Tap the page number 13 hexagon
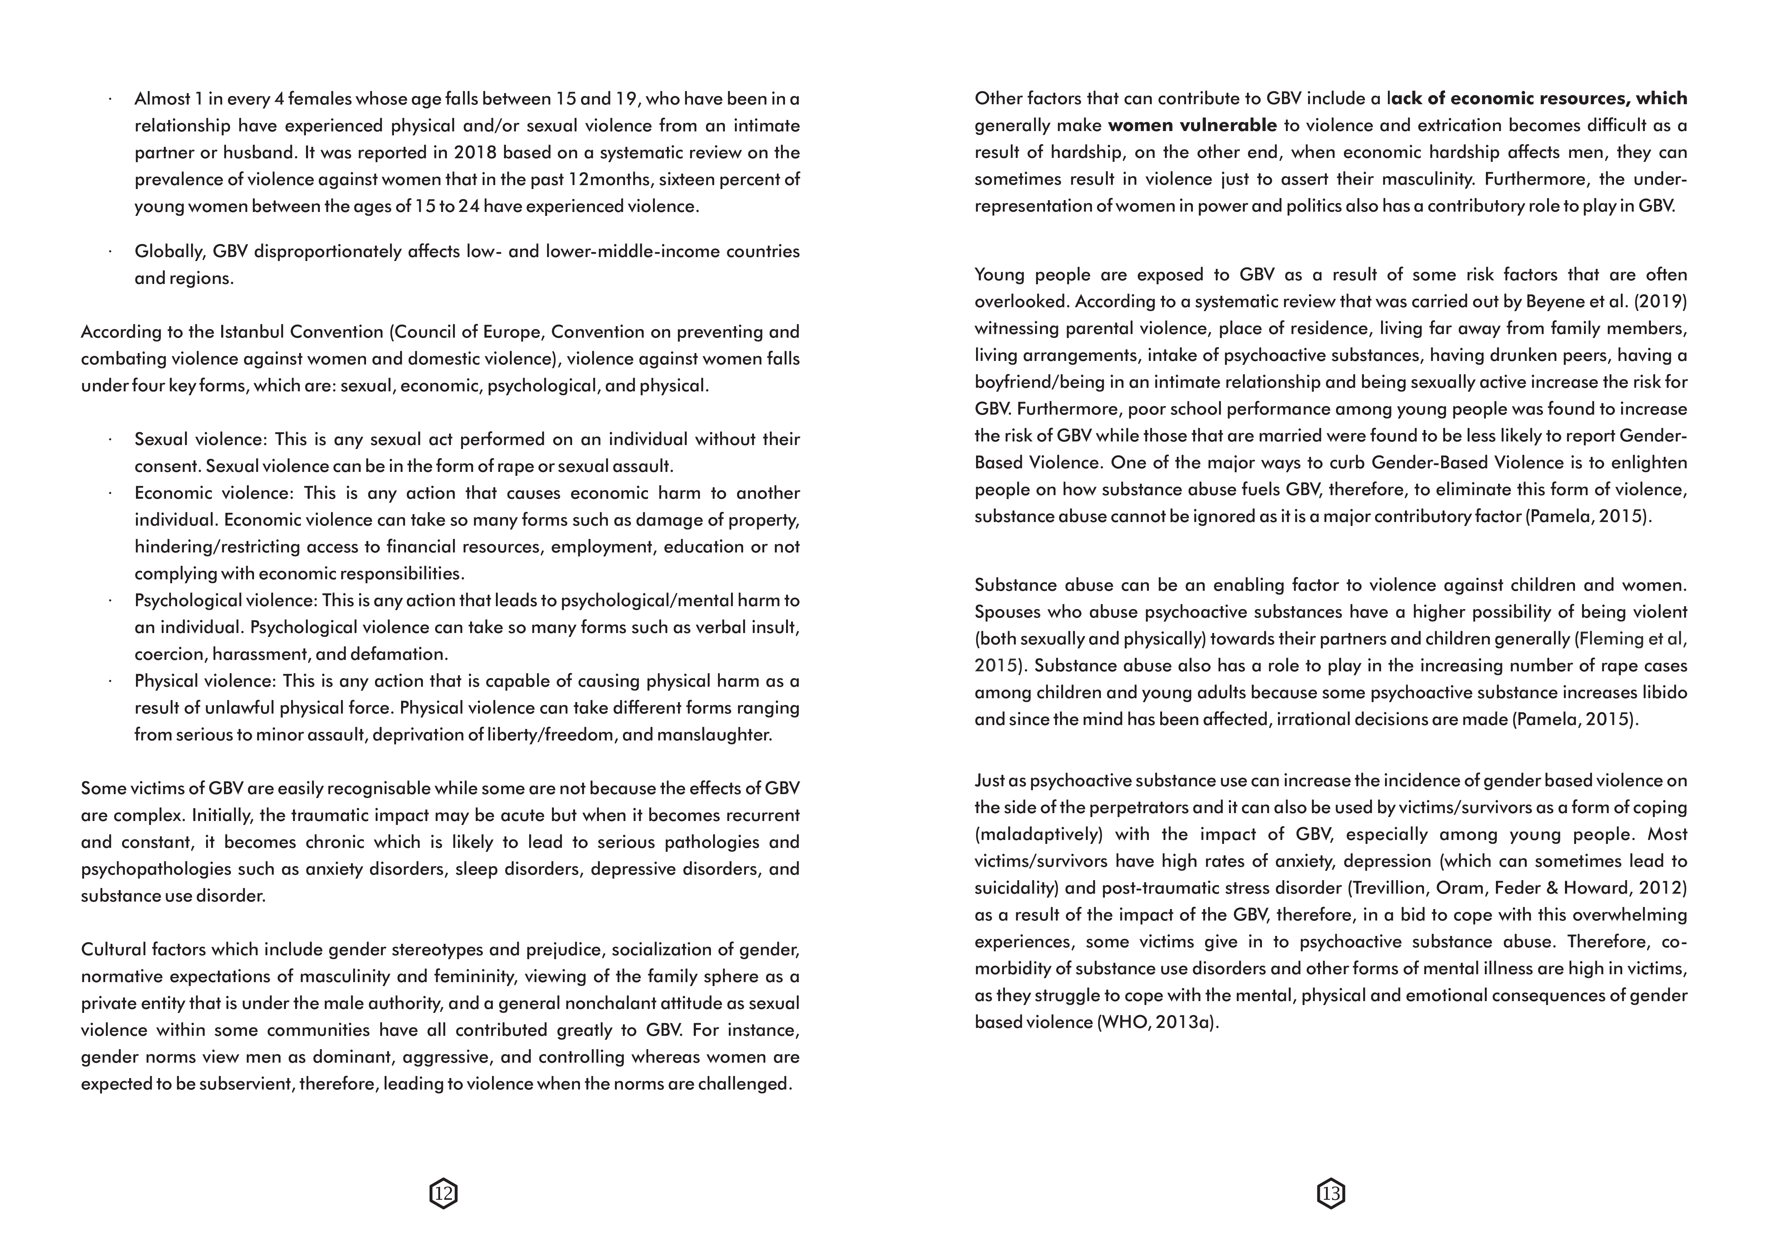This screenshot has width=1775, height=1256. pyautogui.click(x=1331, y=1193)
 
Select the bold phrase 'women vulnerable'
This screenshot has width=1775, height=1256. pyautogui.click(x=1192, y=125)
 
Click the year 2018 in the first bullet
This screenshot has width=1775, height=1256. pyautogui.click(x=476, y=153)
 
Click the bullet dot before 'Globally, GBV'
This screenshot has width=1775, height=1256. pyautogui.click(x=111, y=251)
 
